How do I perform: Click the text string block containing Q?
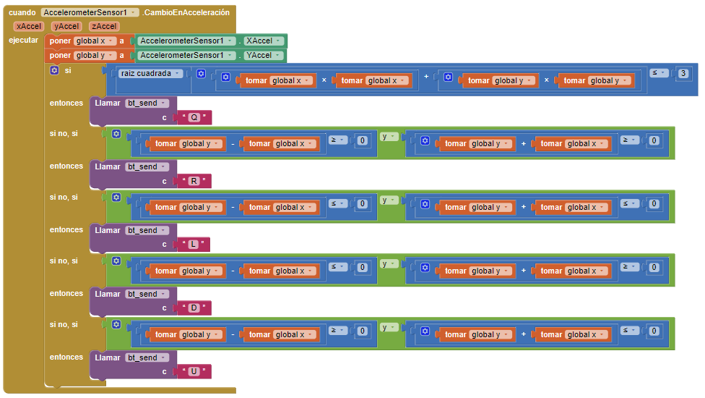coord(194,117)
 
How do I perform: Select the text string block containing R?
coord(194,181)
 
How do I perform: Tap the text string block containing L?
coord(193,245)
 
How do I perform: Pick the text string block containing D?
coord(194,308)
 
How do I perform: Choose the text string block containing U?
coord(194,372)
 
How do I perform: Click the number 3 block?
coord(683,73)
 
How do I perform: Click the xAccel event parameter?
coord(29,26)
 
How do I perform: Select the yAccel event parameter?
coord(66,26)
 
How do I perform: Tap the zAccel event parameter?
coord(104,26)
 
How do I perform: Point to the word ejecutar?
coord(23,40)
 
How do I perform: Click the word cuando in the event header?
coord(22,13)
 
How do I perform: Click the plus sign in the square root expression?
coord(426,77)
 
